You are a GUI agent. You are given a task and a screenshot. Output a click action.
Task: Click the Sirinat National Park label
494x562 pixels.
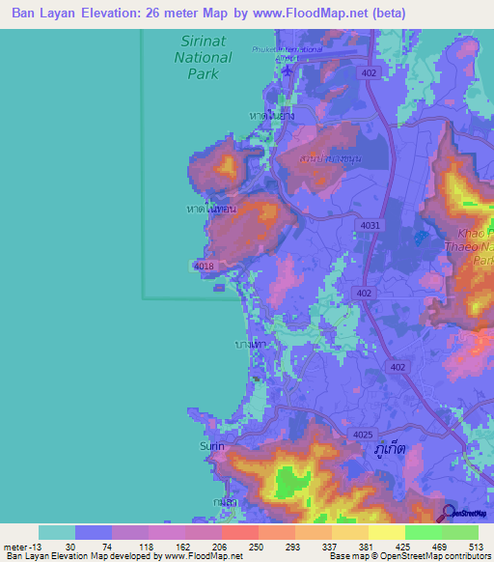(203, 57)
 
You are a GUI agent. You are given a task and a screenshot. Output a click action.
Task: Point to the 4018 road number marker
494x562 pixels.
(203, 267)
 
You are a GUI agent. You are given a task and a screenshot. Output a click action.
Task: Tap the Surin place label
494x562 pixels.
(211, 446)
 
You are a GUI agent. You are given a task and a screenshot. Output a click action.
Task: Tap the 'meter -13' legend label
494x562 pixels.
(21, 547)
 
